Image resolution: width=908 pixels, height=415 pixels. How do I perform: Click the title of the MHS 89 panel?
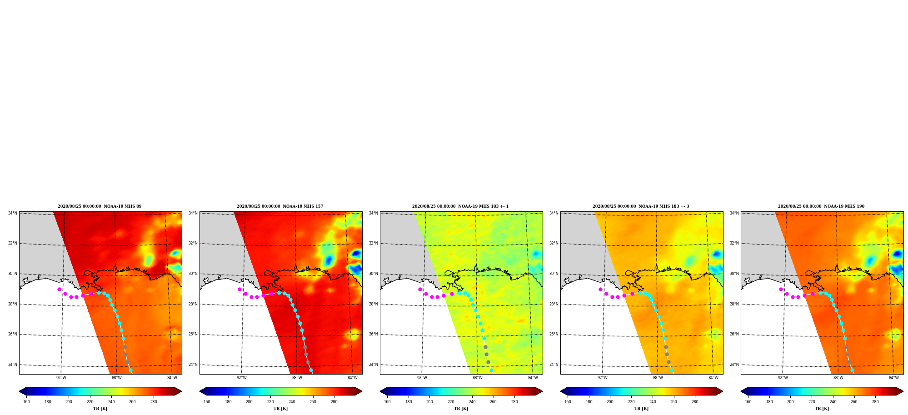point(100,206)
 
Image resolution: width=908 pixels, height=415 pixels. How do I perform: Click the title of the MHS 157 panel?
point(280,206)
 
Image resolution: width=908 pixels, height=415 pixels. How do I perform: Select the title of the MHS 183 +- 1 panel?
point(460,206)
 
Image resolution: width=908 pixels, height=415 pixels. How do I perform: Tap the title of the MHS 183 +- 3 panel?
point(641,206)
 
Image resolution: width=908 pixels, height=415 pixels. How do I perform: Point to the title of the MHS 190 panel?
point(821,206)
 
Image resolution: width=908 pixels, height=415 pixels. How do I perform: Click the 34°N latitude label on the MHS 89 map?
point(13,213)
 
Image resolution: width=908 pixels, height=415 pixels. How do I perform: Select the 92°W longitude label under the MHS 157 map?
point(242,378)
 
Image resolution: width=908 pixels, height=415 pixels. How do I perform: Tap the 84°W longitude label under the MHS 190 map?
point(894,378)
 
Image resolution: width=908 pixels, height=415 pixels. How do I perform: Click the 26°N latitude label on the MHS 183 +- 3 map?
point(554,335)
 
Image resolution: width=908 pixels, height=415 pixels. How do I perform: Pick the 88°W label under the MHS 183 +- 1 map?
point(478,378)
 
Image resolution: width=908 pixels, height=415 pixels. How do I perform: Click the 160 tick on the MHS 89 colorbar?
point(26,402)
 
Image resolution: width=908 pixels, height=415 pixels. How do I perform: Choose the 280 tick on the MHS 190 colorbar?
point(875,402)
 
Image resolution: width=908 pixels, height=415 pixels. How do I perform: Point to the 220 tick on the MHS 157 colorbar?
point(270,402)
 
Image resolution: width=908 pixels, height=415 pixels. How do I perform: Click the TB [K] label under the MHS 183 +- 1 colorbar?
point(461,409)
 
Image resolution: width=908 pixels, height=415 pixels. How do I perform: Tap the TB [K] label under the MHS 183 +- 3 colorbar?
point(641,409)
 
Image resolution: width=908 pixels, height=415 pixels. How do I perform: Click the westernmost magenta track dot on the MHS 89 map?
point(59,289)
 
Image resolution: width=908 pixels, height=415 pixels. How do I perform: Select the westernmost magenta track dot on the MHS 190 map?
point(781,289)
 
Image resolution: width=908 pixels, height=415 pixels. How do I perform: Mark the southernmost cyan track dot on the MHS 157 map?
point(311,370)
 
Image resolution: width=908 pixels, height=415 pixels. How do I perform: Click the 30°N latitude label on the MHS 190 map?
point(734,274)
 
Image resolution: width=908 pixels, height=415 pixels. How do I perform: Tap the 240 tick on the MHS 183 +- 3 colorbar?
point(653,402)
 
